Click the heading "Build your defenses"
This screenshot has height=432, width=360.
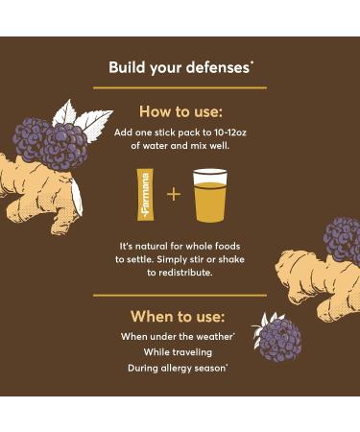(179, 67)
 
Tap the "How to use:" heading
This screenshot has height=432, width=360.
(180, 110)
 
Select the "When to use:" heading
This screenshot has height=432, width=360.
(178, 316)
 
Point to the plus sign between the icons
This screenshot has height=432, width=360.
(174, 194)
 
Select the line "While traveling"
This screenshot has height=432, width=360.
(180, 351)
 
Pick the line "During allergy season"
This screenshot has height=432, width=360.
(180, 367)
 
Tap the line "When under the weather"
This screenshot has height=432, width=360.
(179, 336)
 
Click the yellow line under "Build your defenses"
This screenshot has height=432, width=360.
(180, 87)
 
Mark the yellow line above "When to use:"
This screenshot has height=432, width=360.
(180, 295)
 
